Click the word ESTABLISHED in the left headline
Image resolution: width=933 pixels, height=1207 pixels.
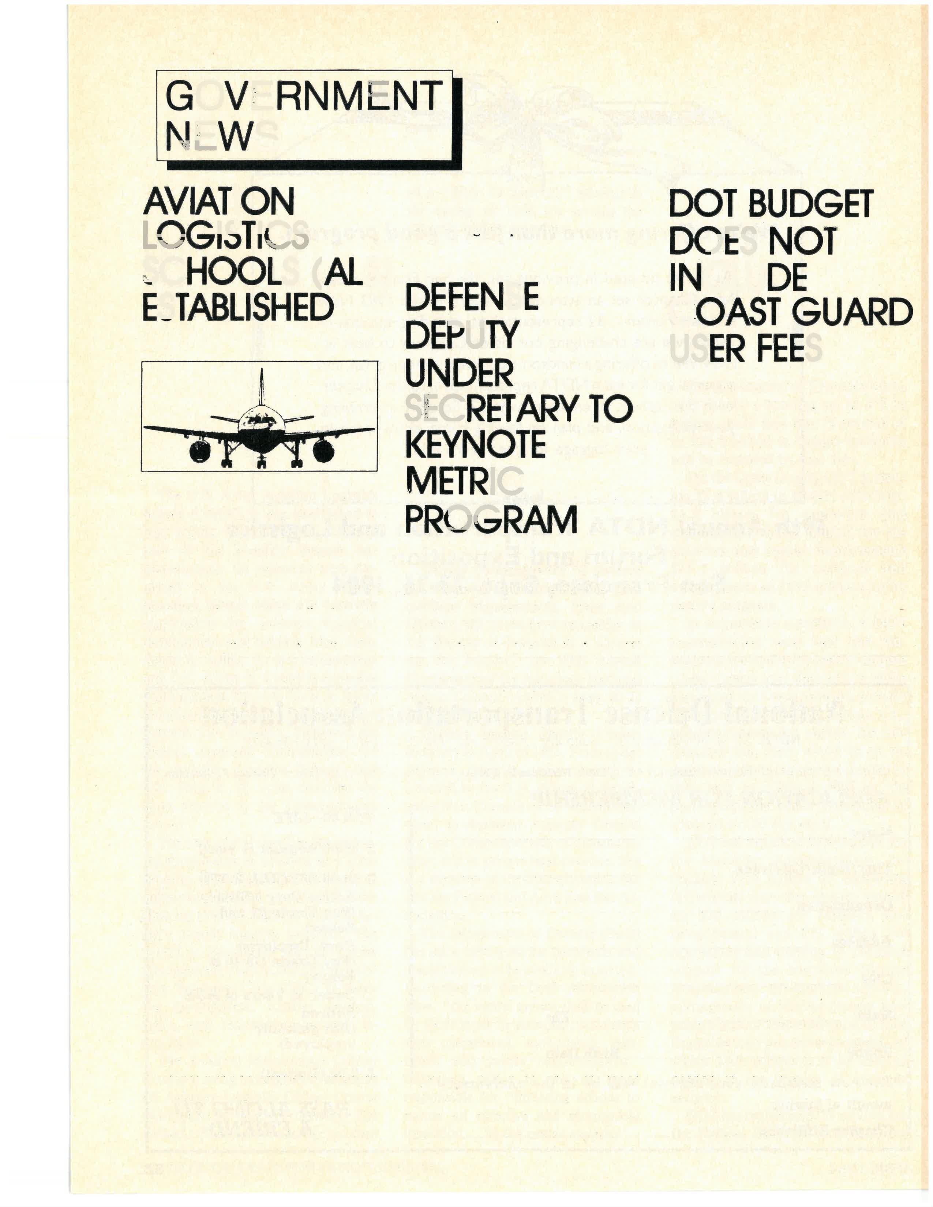pos(238,307)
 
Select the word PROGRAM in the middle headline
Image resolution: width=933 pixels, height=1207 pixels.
pos(491,519)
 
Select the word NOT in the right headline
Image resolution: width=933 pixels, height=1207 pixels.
pos(801,241)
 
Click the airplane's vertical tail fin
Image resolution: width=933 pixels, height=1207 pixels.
pos(262,387)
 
